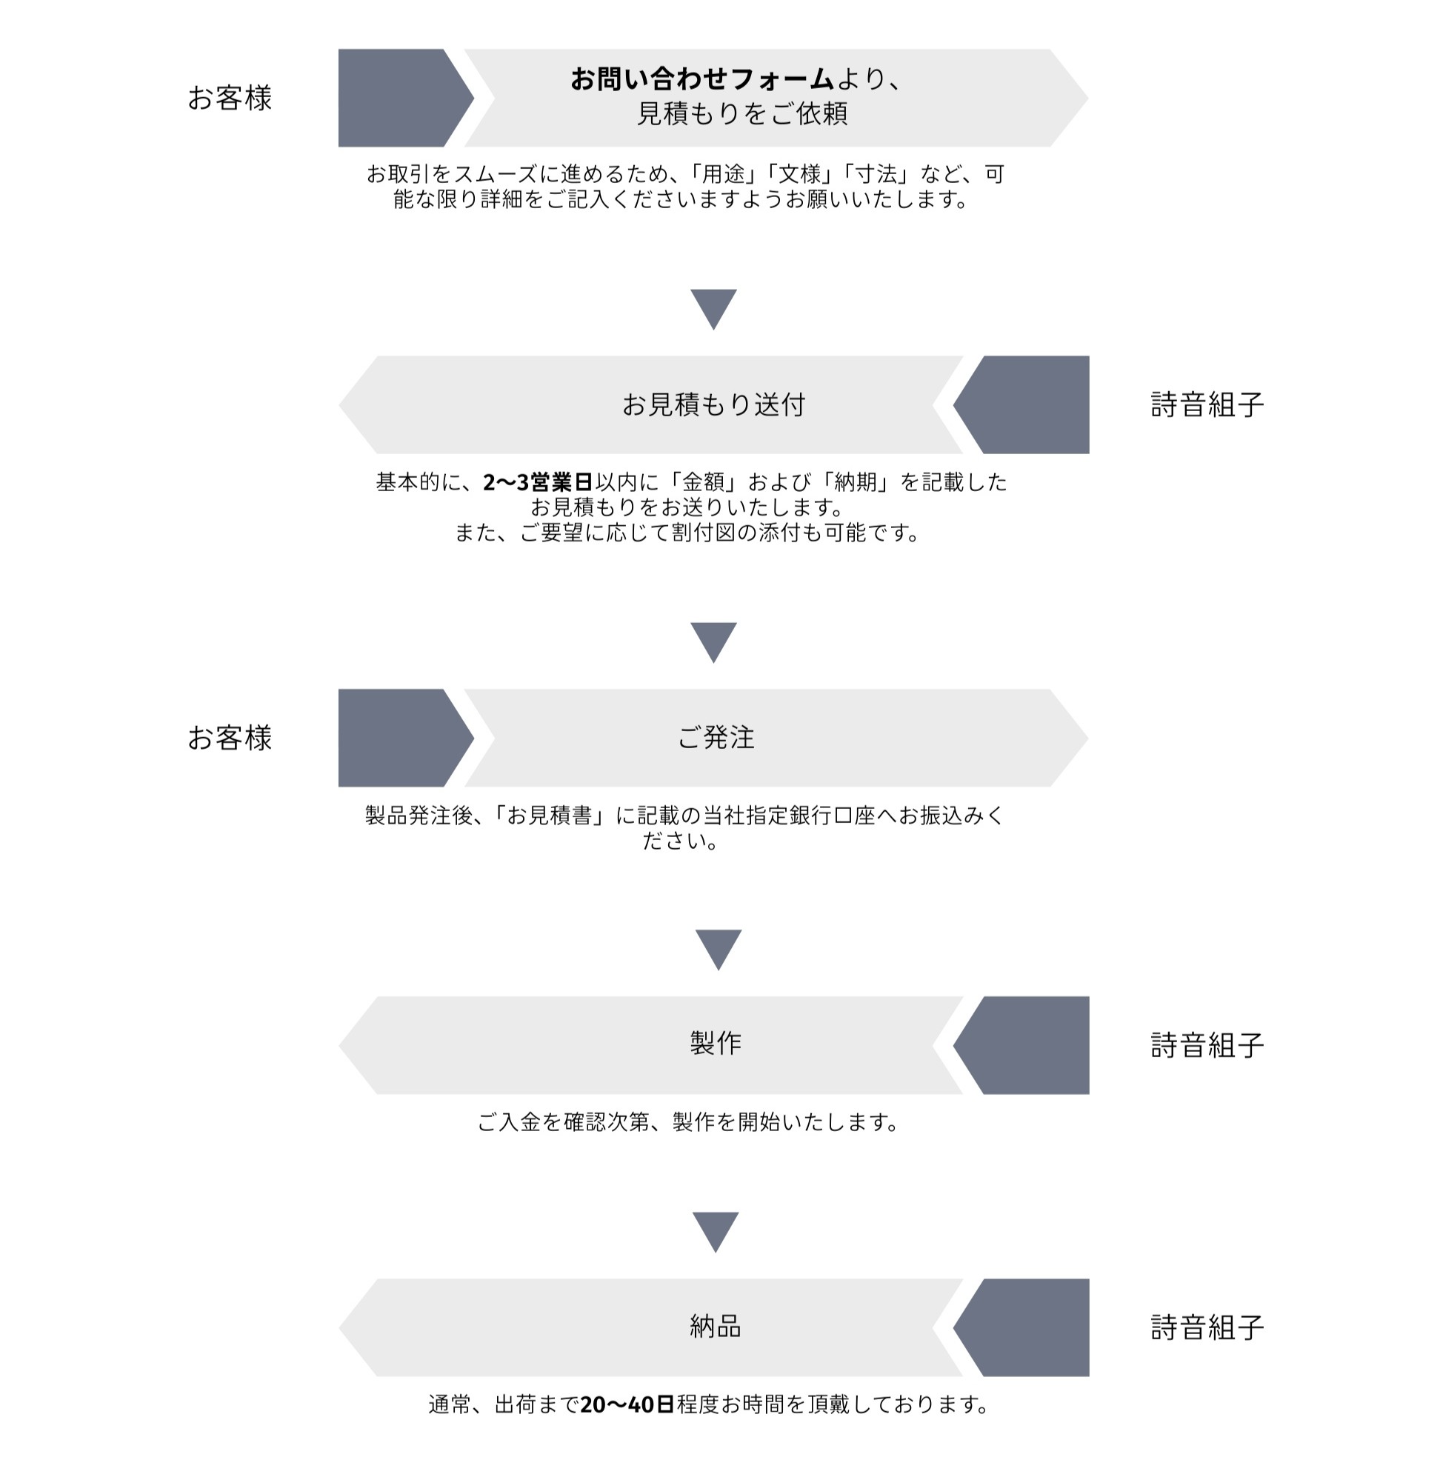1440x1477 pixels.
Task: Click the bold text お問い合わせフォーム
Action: click(x=701, y=79)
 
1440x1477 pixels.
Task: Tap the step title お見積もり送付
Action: click(x=713, y=405)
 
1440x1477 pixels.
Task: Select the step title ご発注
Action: click(x=716, y=738)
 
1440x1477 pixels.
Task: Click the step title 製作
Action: click(x=716, y=1044)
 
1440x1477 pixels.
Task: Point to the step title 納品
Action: click(x=716, y=1326)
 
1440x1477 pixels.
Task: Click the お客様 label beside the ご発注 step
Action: click(x=229, y=738)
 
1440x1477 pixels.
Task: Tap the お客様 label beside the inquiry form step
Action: click(x=229, y=99)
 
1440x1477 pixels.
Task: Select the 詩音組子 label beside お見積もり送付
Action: click(x=1207, y=405)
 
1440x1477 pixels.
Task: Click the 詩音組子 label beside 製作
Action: click(x=1207, y=1045)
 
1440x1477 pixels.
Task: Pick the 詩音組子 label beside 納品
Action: click(x=1207, y=1327)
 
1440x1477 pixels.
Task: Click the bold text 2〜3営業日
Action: click(x=538, y=481)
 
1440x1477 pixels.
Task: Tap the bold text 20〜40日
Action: click(x=627, y=1404)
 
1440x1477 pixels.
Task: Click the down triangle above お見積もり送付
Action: click(x=713, y=307)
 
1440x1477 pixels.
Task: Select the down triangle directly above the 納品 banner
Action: click(x=716, y=1230)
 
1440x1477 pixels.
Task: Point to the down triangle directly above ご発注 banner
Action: click(x=713, y=641)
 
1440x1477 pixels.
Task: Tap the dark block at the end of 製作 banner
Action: click(x=1029, y=1045)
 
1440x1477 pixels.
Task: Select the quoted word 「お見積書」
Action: click(x=550, y=816)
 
